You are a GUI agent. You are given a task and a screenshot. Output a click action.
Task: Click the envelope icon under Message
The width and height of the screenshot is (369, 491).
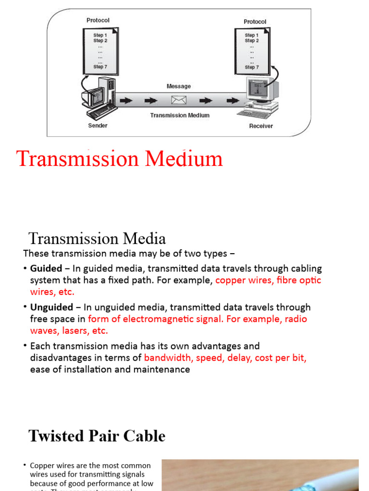click(179, 100)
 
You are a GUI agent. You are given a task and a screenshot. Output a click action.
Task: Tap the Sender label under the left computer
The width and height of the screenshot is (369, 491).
click(98, 126)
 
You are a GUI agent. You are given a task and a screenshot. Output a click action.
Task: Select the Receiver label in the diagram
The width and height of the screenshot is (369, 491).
click(261, 126)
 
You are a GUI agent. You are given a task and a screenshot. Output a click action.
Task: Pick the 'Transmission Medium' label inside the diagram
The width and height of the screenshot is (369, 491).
click(180, 115)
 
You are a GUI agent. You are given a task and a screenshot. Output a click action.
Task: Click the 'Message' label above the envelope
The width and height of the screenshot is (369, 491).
click(179, 86)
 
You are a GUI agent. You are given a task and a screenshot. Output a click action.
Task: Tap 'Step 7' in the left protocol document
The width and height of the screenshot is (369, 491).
click(100, 67)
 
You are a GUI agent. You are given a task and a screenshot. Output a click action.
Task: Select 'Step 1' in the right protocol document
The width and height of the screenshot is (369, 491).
click(251, 35)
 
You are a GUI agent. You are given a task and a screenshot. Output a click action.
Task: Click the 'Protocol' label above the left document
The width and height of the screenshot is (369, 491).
click(98, 20)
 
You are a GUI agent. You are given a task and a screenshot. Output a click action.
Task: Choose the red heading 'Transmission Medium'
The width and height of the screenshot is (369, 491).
click(120, 159)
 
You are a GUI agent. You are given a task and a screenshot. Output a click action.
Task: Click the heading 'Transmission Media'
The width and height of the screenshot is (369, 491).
click(97, 238)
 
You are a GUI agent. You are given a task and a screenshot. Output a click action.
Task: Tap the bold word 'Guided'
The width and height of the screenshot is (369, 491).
click(46, 269)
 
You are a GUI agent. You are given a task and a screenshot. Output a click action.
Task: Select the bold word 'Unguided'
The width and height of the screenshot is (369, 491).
click(51, 307)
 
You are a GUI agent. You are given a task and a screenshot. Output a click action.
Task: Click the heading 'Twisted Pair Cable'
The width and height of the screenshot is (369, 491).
click(97, 436)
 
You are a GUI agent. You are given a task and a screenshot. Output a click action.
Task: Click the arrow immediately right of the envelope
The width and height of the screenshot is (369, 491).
click(206, 101)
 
